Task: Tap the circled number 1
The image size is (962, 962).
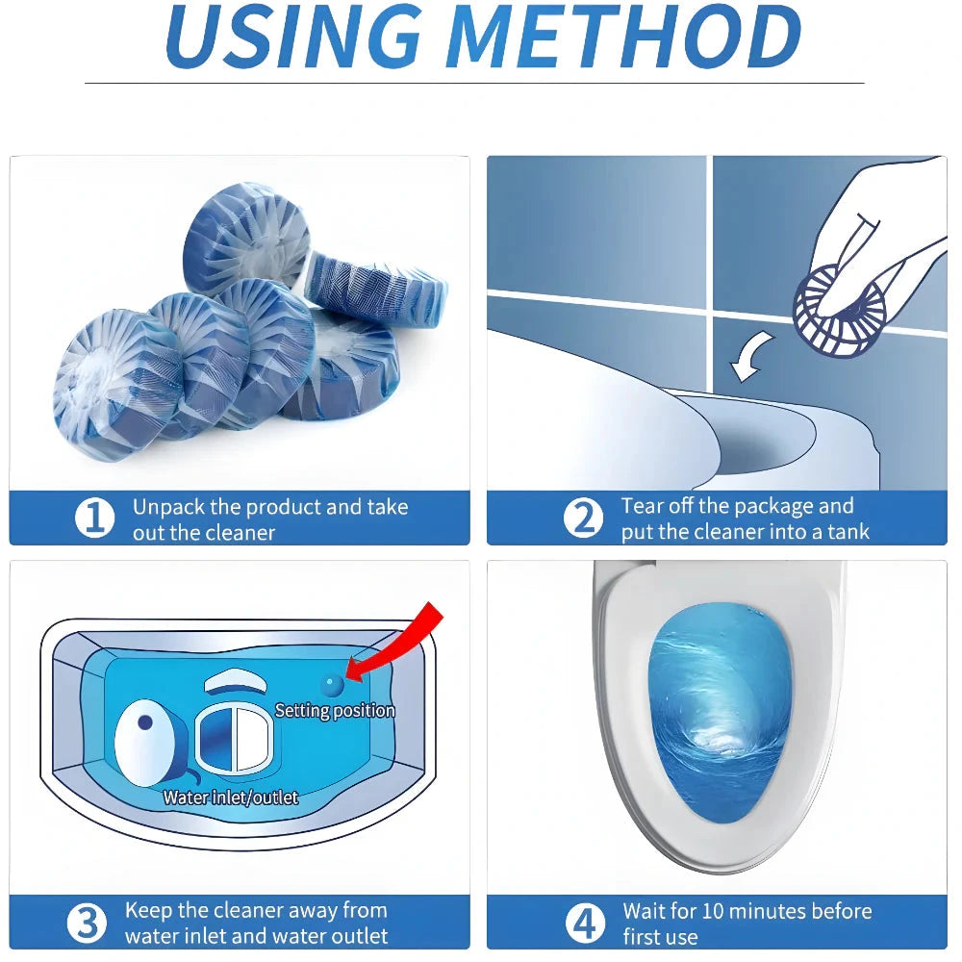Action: pos(94,519)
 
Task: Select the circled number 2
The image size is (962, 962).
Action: pos(582,519)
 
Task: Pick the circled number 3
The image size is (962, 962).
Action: pos(87,923)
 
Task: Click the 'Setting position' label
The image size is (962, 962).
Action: pos(335,711)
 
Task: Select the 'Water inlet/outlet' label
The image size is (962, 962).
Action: pos(230,797)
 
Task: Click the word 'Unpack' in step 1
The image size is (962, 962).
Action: pos(165,507)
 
